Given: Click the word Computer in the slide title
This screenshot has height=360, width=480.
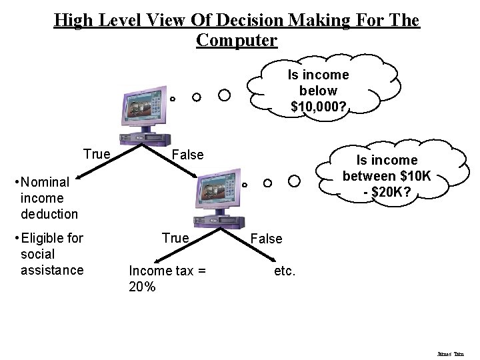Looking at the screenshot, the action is coord(237,41).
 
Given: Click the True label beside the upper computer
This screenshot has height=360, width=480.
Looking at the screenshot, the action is coord(97,155).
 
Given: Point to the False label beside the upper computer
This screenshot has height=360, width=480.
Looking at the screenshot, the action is coord(187,155).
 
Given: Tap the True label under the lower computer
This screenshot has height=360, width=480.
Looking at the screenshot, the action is coord(176,238).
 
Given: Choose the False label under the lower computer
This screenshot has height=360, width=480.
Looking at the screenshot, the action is coord(267,239).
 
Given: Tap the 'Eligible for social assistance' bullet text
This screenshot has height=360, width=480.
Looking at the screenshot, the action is coord(51,254).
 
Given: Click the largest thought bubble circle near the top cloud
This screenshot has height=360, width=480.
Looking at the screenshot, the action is coord(225,95).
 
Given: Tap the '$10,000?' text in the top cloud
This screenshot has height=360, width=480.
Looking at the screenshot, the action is coord(319,105).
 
